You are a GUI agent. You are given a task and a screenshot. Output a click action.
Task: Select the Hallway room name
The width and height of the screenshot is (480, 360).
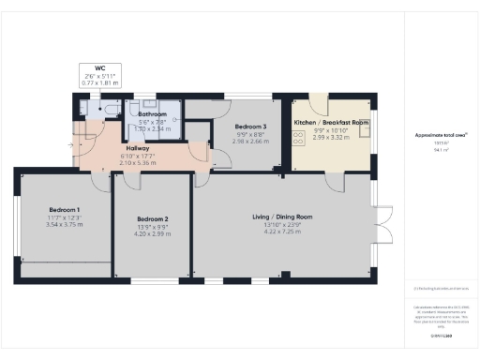139,148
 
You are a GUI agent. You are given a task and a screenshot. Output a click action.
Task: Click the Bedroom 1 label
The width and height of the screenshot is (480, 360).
65,210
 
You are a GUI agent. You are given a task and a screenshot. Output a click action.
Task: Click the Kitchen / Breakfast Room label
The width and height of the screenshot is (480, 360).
331,123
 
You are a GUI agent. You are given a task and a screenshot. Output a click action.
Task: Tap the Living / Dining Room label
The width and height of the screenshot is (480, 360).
282,217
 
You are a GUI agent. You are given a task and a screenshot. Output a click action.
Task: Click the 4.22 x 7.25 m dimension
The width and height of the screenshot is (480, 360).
282,232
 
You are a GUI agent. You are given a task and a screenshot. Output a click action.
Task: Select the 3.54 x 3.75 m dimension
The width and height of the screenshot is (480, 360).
65,225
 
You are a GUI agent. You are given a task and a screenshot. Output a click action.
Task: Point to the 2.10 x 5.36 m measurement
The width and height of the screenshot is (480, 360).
139,163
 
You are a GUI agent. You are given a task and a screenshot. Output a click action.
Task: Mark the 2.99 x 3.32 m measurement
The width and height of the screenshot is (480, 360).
331,137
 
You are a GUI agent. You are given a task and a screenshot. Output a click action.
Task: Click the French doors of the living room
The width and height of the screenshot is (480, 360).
381,227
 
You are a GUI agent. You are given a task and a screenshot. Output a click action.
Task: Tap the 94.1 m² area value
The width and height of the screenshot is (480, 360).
439,149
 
